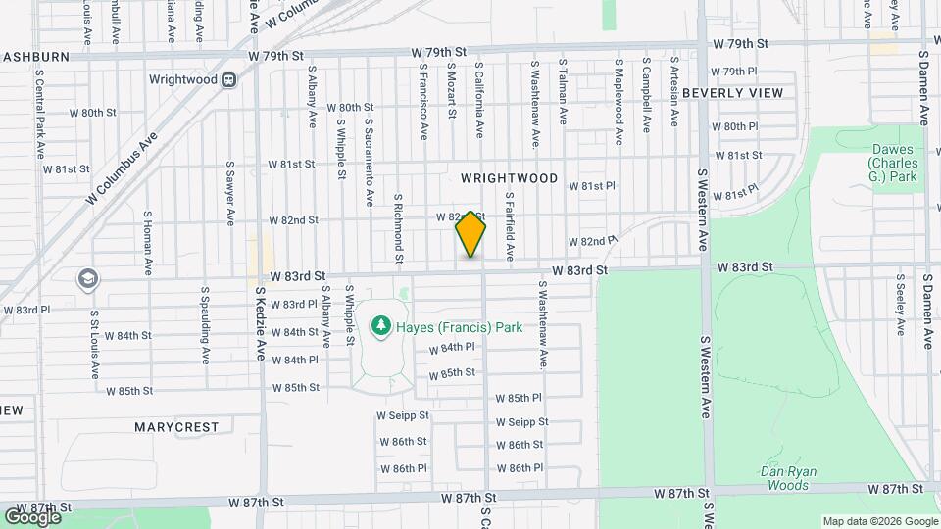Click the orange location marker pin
(x=470, y=233)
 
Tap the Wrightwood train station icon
(x=228, y=79)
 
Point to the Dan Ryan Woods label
(x=789, y=478)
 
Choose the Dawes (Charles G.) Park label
(x=894, y=163)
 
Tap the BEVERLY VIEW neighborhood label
(x=733, y=93)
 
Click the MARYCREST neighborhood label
(x=176, y=427)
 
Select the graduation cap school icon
(x=88, y=279)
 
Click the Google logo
(x=32, y=515)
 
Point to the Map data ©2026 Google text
(x=878, y=521)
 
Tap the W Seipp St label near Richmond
(x=403, y=415)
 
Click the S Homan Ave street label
(x=147, y=243)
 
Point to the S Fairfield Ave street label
(x=510, y=225)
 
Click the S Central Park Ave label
(x=40, y=114)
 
